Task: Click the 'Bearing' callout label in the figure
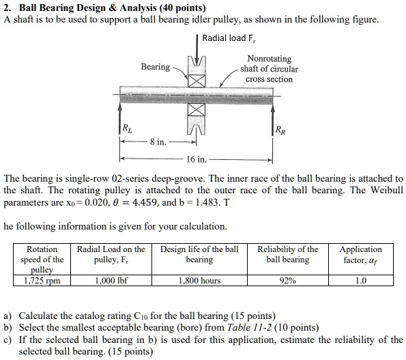156,66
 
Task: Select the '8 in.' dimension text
158,142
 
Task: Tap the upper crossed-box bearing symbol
197,81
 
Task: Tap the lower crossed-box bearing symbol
197,110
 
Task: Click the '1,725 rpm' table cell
42,280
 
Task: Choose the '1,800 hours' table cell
199,280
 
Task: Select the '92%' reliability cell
287,280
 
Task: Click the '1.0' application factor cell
361,280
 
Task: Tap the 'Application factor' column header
361,255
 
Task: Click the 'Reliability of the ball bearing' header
287,255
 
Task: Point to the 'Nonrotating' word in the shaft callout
269,59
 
